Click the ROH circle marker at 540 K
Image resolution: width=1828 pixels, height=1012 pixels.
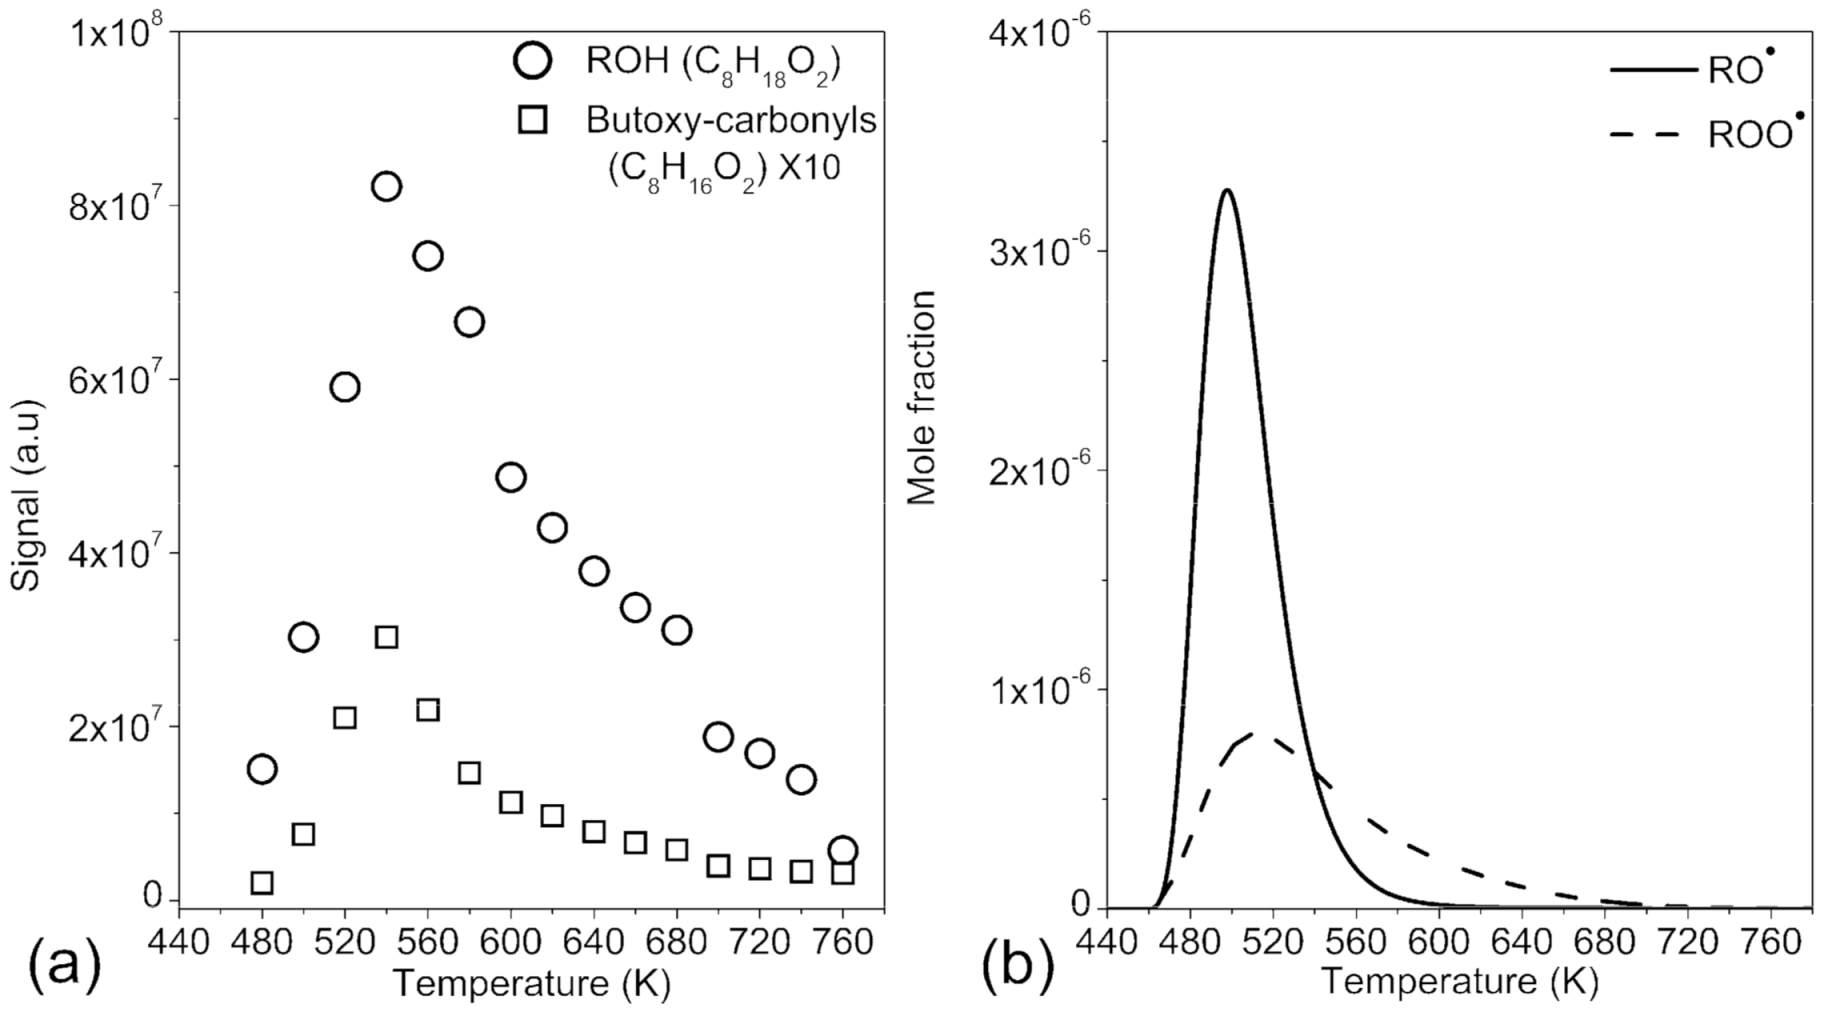point(386,187)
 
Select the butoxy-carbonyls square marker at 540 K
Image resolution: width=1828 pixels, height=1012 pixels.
point(386,637)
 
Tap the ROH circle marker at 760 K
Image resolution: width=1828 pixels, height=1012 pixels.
point(842,851)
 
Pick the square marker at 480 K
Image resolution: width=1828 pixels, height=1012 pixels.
point(262,883)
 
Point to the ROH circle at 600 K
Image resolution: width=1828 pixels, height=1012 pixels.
point(510,477)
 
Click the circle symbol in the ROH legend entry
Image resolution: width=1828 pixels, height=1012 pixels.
point(532,62)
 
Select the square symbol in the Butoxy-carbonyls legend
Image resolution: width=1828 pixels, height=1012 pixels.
point(533,120)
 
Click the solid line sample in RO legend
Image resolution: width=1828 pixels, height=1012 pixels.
point(1651,70)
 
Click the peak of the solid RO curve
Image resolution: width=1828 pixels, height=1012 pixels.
point(1227,190)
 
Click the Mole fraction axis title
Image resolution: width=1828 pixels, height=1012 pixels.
point(921,398)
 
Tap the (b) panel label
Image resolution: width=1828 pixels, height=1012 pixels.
point(1019,968)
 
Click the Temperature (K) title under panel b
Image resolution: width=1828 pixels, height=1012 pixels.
point(1459,982)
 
